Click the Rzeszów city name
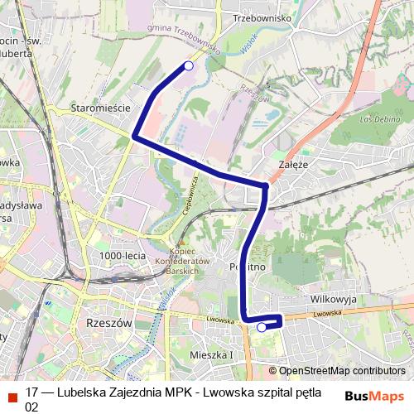[x=109, y=324]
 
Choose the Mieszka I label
[x=212, y=355]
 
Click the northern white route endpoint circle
[x=189, y=65]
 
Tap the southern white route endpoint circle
[x=262, y=328]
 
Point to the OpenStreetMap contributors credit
[x=337, y=371]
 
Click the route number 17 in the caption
[x=32, y=392]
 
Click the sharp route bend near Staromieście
[x=135, y=134]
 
